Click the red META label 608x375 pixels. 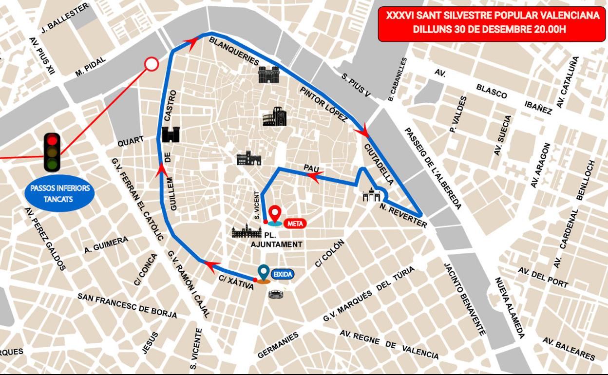[295, 224]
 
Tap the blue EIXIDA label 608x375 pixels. [283, 274]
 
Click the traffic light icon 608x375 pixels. [52, 152]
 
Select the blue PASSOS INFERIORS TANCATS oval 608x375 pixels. [59, 193]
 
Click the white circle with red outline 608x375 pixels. [152, 64]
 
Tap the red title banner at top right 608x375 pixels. [492, 22]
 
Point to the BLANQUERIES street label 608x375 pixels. [234, 51]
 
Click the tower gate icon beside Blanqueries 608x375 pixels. [268, 75]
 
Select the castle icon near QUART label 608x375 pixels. [171, 134]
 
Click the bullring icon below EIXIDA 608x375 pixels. [276, 294]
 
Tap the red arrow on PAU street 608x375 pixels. [316, 176]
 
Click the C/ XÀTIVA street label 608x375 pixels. [236, 282]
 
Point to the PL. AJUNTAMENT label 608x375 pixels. [276, 240]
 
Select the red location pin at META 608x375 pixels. [275, 213]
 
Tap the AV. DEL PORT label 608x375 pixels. [543, 277]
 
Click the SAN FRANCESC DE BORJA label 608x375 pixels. [127, 305]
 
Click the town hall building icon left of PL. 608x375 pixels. [247, 231]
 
